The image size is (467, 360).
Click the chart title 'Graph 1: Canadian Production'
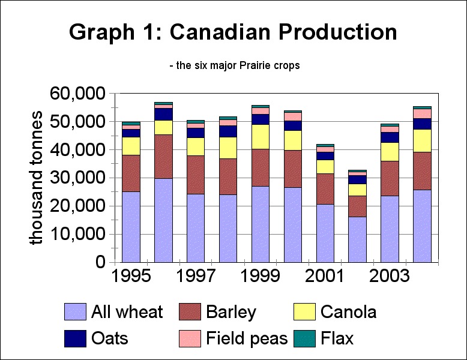tap(233, 32)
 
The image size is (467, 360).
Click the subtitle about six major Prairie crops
tap(235, 66)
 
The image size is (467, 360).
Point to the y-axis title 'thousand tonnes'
tap(37, 178)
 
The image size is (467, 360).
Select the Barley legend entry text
tap(230, 313)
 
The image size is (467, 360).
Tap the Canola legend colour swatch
tap(305, 312)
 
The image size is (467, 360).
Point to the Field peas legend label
tap(247, 339)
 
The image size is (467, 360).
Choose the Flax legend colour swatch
tap(305, 338)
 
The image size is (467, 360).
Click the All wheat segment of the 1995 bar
tap(131, 227)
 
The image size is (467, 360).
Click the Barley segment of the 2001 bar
tap(325, 189)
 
